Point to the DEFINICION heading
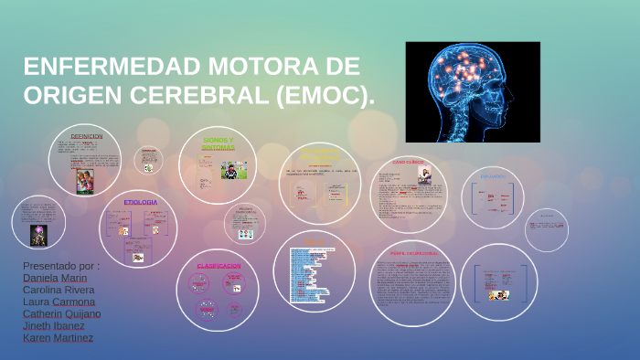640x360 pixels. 86,136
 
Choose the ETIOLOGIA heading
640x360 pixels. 140,202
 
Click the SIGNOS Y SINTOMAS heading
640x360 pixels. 219,143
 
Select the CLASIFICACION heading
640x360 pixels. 219,266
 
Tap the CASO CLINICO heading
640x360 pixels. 408,162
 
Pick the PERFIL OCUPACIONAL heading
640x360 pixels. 413,253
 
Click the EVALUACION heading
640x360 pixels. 493,175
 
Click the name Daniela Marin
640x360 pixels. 54,278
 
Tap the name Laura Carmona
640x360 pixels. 58,302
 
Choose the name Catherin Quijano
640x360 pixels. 61,313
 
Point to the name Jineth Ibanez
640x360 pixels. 53,325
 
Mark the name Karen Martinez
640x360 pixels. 57,337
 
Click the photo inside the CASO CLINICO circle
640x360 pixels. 425,175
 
